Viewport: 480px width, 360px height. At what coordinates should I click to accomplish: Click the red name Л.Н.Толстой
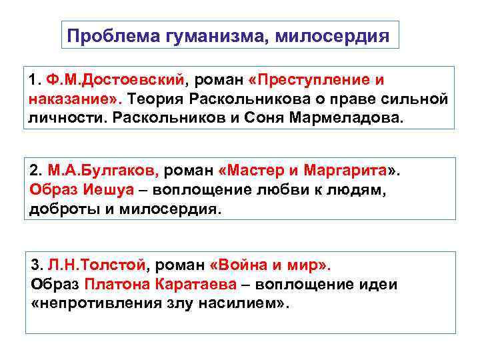(101, 265)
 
